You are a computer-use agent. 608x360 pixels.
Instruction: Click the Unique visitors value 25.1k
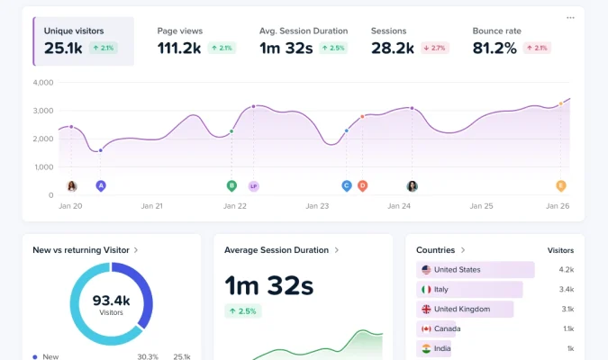tap(63, 48)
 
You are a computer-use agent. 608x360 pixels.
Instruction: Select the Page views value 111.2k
tap(179, 48)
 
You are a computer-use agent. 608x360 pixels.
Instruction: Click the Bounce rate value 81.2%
tap(495, 48)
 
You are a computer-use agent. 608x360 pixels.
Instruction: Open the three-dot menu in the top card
tap(570, 17)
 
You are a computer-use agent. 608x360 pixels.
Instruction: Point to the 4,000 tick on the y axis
tap(43, 83)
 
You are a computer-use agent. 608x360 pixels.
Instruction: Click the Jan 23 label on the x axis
tap(318, 206)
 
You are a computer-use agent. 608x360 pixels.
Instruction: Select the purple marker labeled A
tap(101, 185)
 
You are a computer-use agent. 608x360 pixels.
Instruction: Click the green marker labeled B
tap(231, 185)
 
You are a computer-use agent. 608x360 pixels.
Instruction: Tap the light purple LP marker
tap(253, 185)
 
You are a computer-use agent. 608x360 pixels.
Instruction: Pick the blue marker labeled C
tap(346, 185)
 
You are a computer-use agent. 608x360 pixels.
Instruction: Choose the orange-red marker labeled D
tap(362, 185)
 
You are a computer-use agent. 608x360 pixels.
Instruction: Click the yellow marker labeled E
tap(560, 185)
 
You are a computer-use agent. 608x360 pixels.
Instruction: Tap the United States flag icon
tap(425, 269)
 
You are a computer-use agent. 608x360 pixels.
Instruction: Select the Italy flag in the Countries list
tap(425, 289)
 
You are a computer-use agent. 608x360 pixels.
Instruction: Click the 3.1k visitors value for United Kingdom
tap(567, 309)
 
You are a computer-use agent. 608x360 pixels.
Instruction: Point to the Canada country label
tap(447, 328)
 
